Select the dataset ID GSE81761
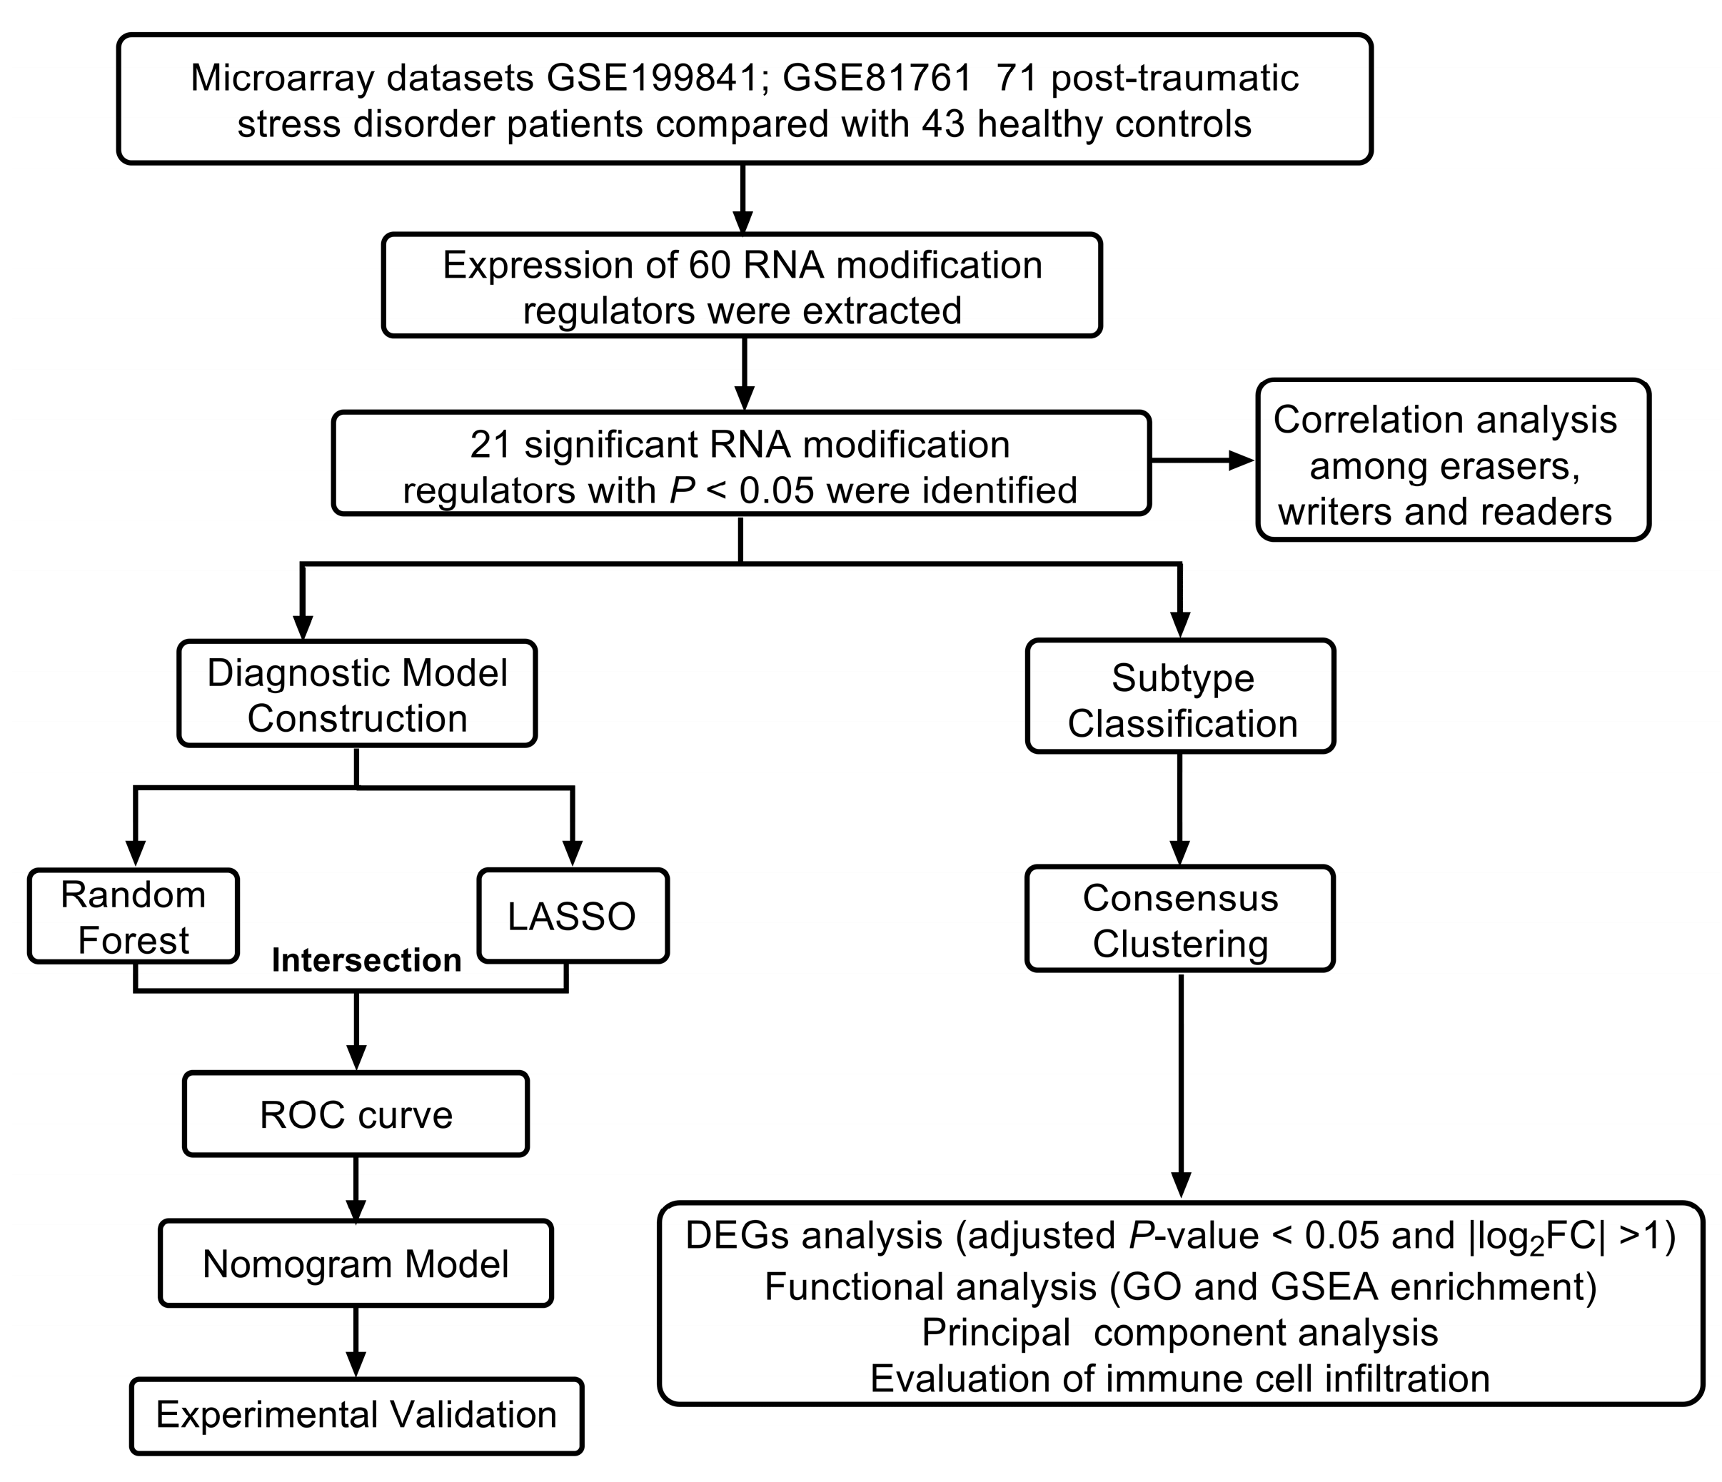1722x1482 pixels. tap(877, 78)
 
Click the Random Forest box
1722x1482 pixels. tap(133, 917)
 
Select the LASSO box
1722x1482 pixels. tap(573, 917)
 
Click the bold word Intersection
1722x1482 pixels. tap(366, 961)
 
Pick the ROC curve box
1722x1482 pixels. tap(356, 1114)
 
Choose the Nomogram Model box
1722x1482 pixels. tap(356, 1264)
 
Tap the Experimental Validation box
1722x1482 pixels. tap(356, 1416)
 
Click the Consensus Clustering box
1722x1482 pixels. tap(1179, 920)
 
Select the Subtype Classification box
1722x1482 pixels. tap(1181, 701)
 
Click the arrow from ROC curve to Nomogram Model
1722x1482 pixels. tap(356, 1189)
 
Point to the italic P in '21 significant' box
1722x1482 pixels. tap(683, 490)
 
